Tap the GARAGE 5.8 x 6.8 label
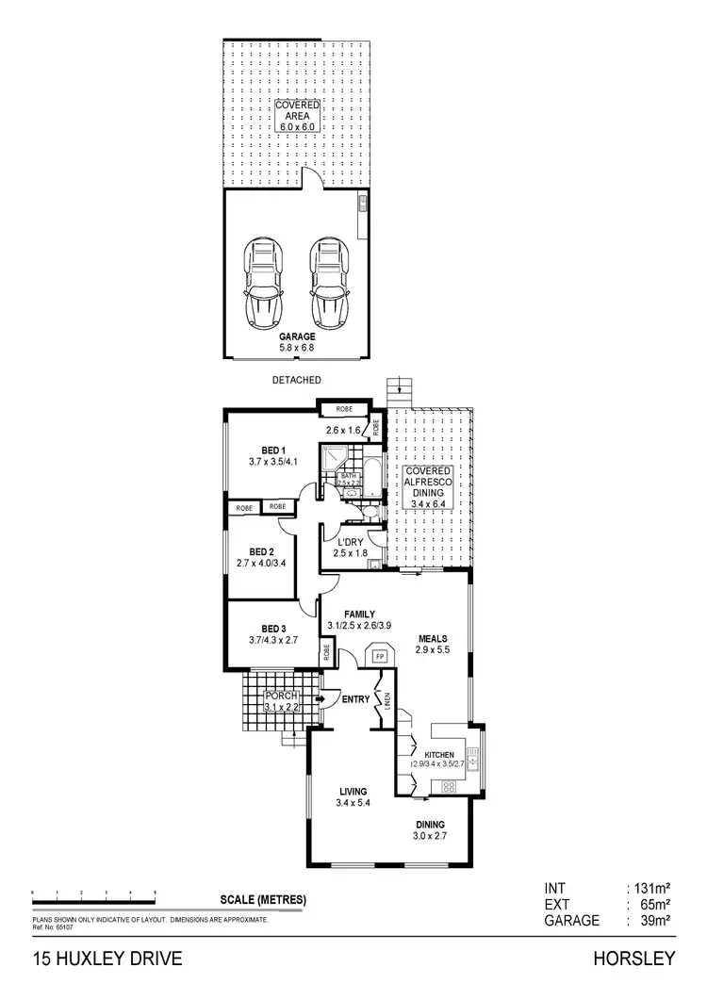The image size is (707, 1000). tap(296, 341)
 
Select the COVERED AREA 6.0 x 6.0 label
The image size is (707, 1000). tap(298, 114)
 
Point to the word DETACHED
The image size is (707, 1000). tap(297, 380)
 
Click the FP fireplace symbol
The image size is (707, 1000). tap(382, 655)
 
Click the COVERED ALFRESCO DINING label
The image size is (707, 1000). tap(428, 487)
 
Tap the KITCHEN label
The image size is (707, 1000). tap(440, 756)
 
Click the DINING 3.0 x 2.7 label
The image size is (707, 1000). tap(429, 829)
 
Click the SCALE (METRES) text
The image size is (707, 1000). tap(263, 899)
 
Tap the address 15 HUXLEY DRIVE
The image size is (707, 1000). tap(94, 959)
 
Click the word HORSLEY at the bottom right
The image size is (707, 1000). tap(634, 959)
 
